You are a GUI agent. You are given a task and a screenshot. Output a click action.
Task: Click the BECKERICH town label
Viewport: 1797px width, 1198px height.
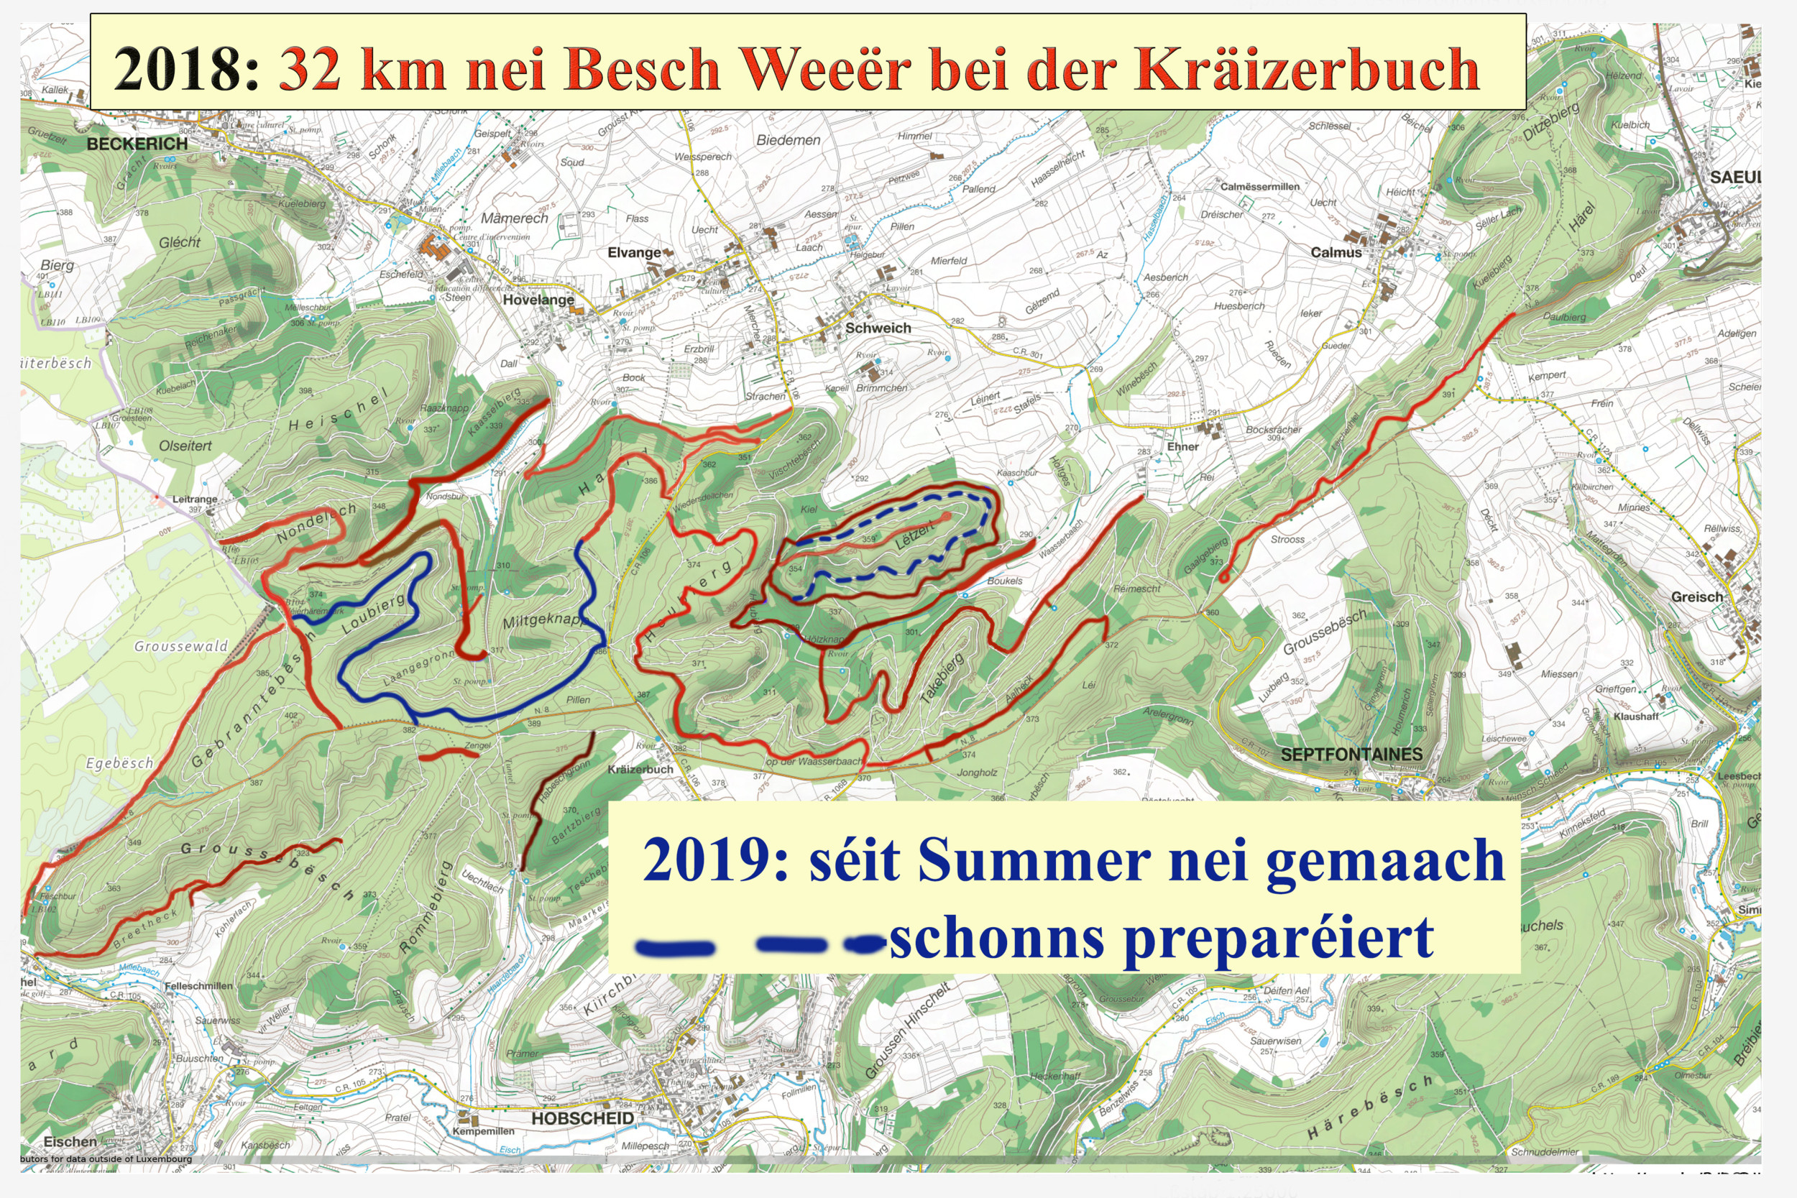[x=137, y=144]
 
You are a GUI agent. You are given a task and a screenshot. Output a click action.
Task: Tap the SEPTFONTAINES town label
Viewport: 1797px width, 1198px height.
[x=1351, y=754]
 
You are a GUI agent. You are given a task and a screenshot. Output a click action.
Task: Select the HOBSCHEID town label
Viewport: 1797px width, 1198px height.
[x=582, y=1118]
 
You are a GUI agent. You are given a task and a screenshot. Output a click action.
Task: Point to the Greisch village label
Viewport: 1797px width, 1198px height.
[x=1697, y=596]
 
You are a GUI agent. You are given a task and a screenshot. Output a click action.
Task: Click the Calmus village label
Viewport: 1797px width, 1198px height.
[x=1336, y=252]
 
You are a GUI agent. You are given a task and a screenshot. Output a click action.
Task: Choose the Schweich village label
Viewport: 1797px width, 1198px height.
[x=878, y=328]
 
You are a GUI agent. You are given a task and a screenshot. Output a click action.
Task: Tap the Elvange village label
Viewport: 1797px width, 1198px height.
[x=634, y=252]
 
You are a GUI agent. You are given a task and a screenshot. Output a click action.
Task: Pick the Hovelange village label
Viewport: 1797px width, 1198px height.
[x=538, y=300]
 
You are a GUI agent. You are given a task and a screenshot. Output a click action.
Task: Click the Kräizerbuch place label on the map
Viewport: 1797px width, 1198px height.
[x=640, y=770]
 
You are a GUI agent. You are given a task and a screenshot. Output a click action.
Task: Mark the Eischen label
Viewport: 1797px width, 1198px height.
[x=70, y=1141]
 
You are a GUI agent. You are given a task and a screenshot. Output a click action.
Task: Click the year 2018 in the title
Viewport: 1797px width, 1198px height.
[x=187, y=70]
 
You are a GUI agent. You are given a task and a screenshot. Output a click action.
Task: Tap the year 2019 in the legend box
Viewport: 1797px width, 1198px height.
[x=715, y=860]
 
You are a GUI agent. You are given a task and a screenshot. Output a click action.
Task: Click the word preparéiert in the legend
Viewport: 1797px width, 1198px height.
[x=1278, y=939]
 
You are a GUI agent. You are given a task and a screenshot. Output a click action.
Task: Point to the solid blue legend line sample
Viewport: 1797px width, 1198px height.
[x=676, y=948]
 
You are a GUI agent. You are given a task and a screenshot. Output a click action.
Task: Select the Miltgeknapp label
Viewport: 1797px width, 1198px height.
[x=543, y=620]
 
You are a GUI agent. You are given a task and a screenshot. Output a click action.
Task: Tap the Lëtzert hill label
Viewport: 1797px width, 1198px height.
[x=914, y=535]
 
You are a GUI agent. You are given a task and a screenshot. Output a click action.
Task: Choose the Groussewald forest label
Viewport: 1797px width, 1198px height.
[x=181, y=646]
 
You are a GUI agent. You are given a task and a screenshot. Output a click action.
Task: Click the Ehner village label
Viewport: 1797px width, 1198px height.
[x=1182, y=446]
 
